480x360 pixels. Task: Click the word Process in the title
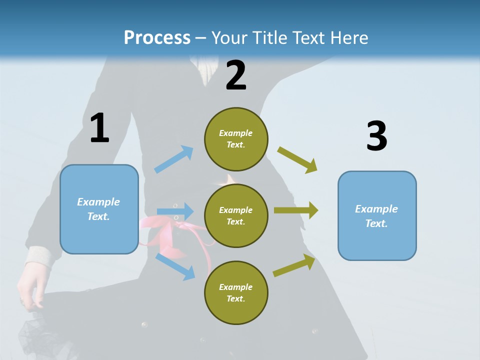[x=157, y=37]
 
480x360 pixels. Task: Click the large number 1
[x=99, y=128]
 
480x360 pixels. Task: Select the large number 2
[x=236, y=75]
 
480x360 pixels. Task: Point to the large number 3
[x=376, y=136]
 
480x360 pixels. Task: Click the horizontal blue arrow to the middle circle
[x=175, y=210]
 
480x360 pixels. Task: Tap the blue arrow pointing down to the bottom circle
[x=175, y=266]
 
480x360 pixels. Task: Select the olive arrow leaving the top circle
[x=298, y=160]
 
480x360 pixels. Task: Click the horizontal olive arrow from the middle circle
[x=296, y=210]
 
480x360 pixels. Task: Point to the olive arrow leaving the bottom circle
[x=294, y=265]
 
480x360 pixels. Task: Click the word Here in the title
[x=348, y=37]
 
